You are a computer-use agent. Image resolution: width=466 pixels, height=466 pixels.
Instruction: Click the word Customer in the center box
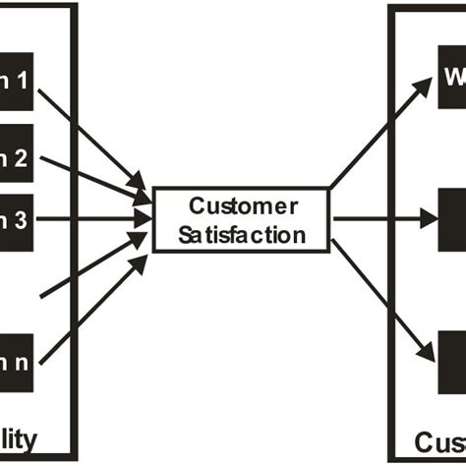click(242, 207)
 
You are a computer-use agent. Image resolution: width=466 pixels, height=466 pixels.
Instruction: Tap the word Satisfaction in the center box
click(242, 235)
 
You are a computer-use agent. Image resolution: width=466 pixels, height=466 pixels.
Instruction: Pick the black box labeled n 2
click(18, 155)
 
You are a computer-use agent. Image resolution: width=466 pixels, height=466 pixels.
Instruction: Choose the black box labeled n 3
click(18, 219)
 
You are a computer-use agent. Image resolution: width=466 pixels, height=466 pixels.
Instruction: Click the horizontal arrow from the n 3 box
click(93, 219)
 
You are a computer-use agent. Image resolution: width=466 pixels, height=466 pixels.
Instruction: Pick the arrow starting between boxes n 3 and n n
click(93, 260)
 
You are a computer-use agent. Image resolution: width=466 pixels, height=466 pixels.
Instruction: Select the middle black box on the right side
click(451, 219)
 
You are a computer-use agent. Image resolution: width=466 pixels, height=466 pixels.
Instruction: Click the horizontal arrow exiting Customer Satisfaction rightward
click(379, 219)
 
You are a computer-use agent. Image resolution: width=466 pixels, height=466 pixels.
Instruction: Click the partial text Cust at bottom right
click(437, 439)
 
